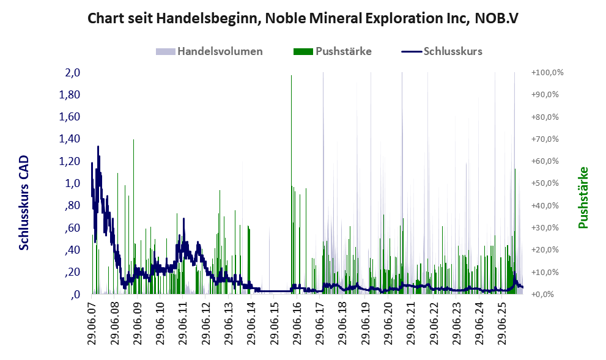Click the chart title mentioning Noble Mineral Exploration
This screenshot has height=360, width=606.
point(303,18)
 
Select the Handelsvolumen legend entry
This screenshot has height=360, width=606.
point(209,51)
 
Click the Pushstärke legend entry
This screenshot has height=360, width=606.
point(333,51)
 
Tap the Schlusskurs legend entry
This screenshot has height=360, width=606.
point(442,51)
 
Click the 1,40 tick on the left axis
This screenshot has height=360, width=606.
point(70,139)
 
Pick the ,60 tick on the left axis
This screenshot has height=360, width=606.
point(72,227)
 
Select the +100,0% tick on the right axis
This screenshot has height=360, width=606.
point(547,73)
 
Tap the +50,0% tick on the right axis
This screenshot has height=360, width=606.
point(545,183)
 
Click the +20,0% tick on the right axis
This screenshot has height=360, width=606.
point(545,249)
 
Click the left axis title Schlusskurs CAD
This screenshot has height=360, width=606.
point(24,203)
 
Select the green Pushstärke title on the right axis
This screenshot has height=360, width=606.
point(583,197)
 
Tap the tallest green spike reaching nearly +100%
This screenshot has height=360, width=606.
point(292,185)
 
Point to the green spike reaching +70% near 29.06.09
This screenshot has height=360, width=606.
point(134,217)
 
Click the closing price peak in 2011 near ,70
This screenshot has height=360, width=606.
point(183,219)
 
